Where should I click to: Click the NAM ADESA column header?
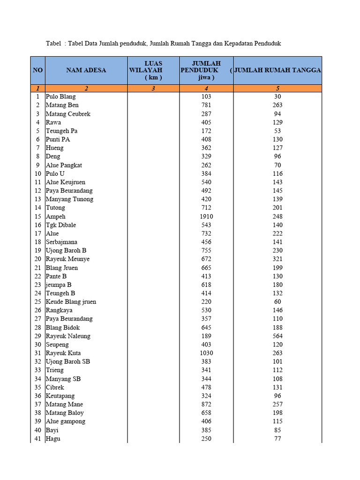coord(86,70)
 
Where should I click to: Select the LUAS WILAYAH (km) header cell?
coord(153,70)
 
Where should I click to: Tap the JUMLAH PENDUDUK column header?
coord(206,70)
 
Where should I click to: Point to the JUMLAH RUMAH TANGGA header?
coord(277,70)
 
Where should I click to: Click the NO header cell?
coord(37,70)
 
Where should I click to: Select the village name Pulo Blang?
coord(60,97)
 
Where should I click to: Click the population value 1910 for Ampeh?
coord(206,217)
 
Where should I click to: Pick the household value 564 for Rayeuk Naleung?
coord(277,336)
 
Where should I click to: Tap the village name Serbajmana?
coord(61,242)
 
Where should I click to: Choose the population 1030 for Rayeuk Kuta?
coord(206,353)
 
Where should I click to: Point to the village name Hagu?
coord(53,439)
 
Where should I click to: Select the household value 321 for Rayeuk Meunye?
coord(277,259)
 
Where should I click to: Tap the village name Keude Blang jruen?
coord(71,302)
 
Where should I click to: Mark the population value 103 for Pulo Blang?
coord(206,97)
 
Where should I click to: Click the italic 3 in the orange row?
coord(153,88)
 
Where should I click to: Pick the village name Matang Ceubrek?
coord(68,114)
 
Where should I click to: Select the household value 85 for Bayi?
coord(277,430)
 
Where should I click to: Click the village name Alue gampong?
coord(66,421)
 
